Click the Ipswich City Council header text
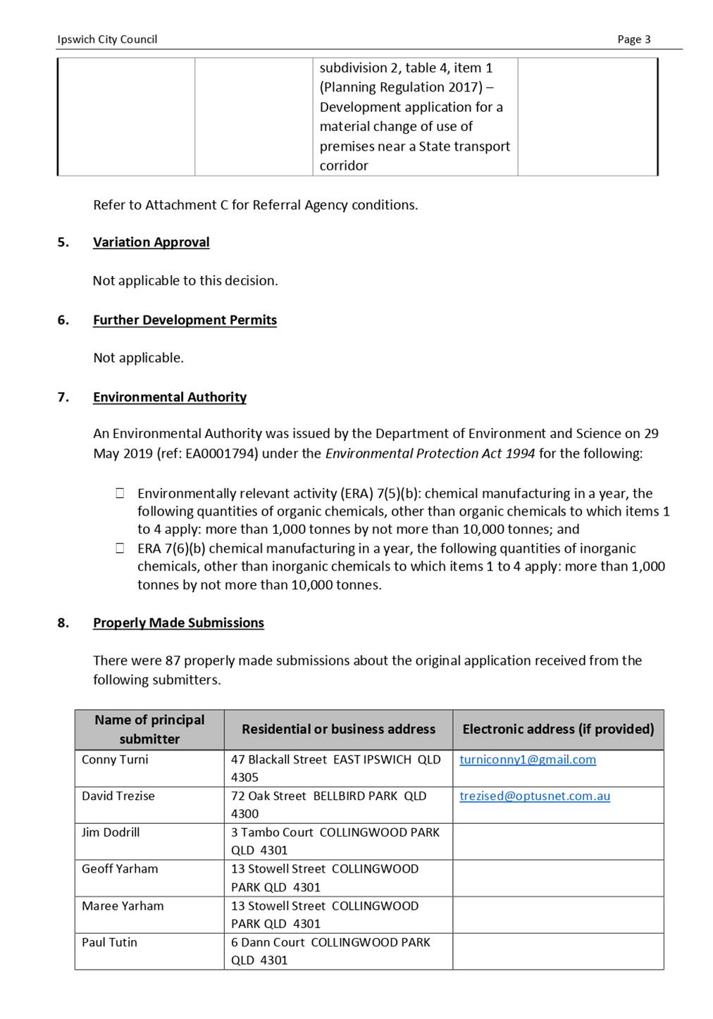click(x=107, y=39)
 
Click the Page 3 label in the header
click(x=633, y=39)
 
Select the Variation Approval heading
click(x=151, y=242)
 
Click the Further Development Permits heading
click(x=185, y=320)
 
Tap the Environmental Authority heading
click(x=169, y=397)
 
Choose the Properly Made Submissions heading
click(x=178, y=623)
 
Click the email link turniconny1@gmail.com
click(x=527, y=760)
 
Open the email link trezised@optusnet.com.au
click(x=534, y=796)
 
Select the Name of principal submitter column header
click(x=149, y=730)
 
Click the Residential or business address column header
click(x=338, y=730)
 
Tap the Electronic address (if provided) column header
click(x=558, y=730)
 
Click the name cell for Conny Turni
click(x=115, y=760)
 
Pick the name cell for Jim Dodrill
click(x=111, y=832)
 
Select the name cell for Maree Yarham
click(x=123, y=906)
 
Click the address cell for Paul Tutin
click(x=330, y=951)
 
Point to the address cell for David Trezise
click(x=328, y=805)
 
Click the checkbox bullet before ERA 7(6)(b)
click(x=120, y=549)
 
